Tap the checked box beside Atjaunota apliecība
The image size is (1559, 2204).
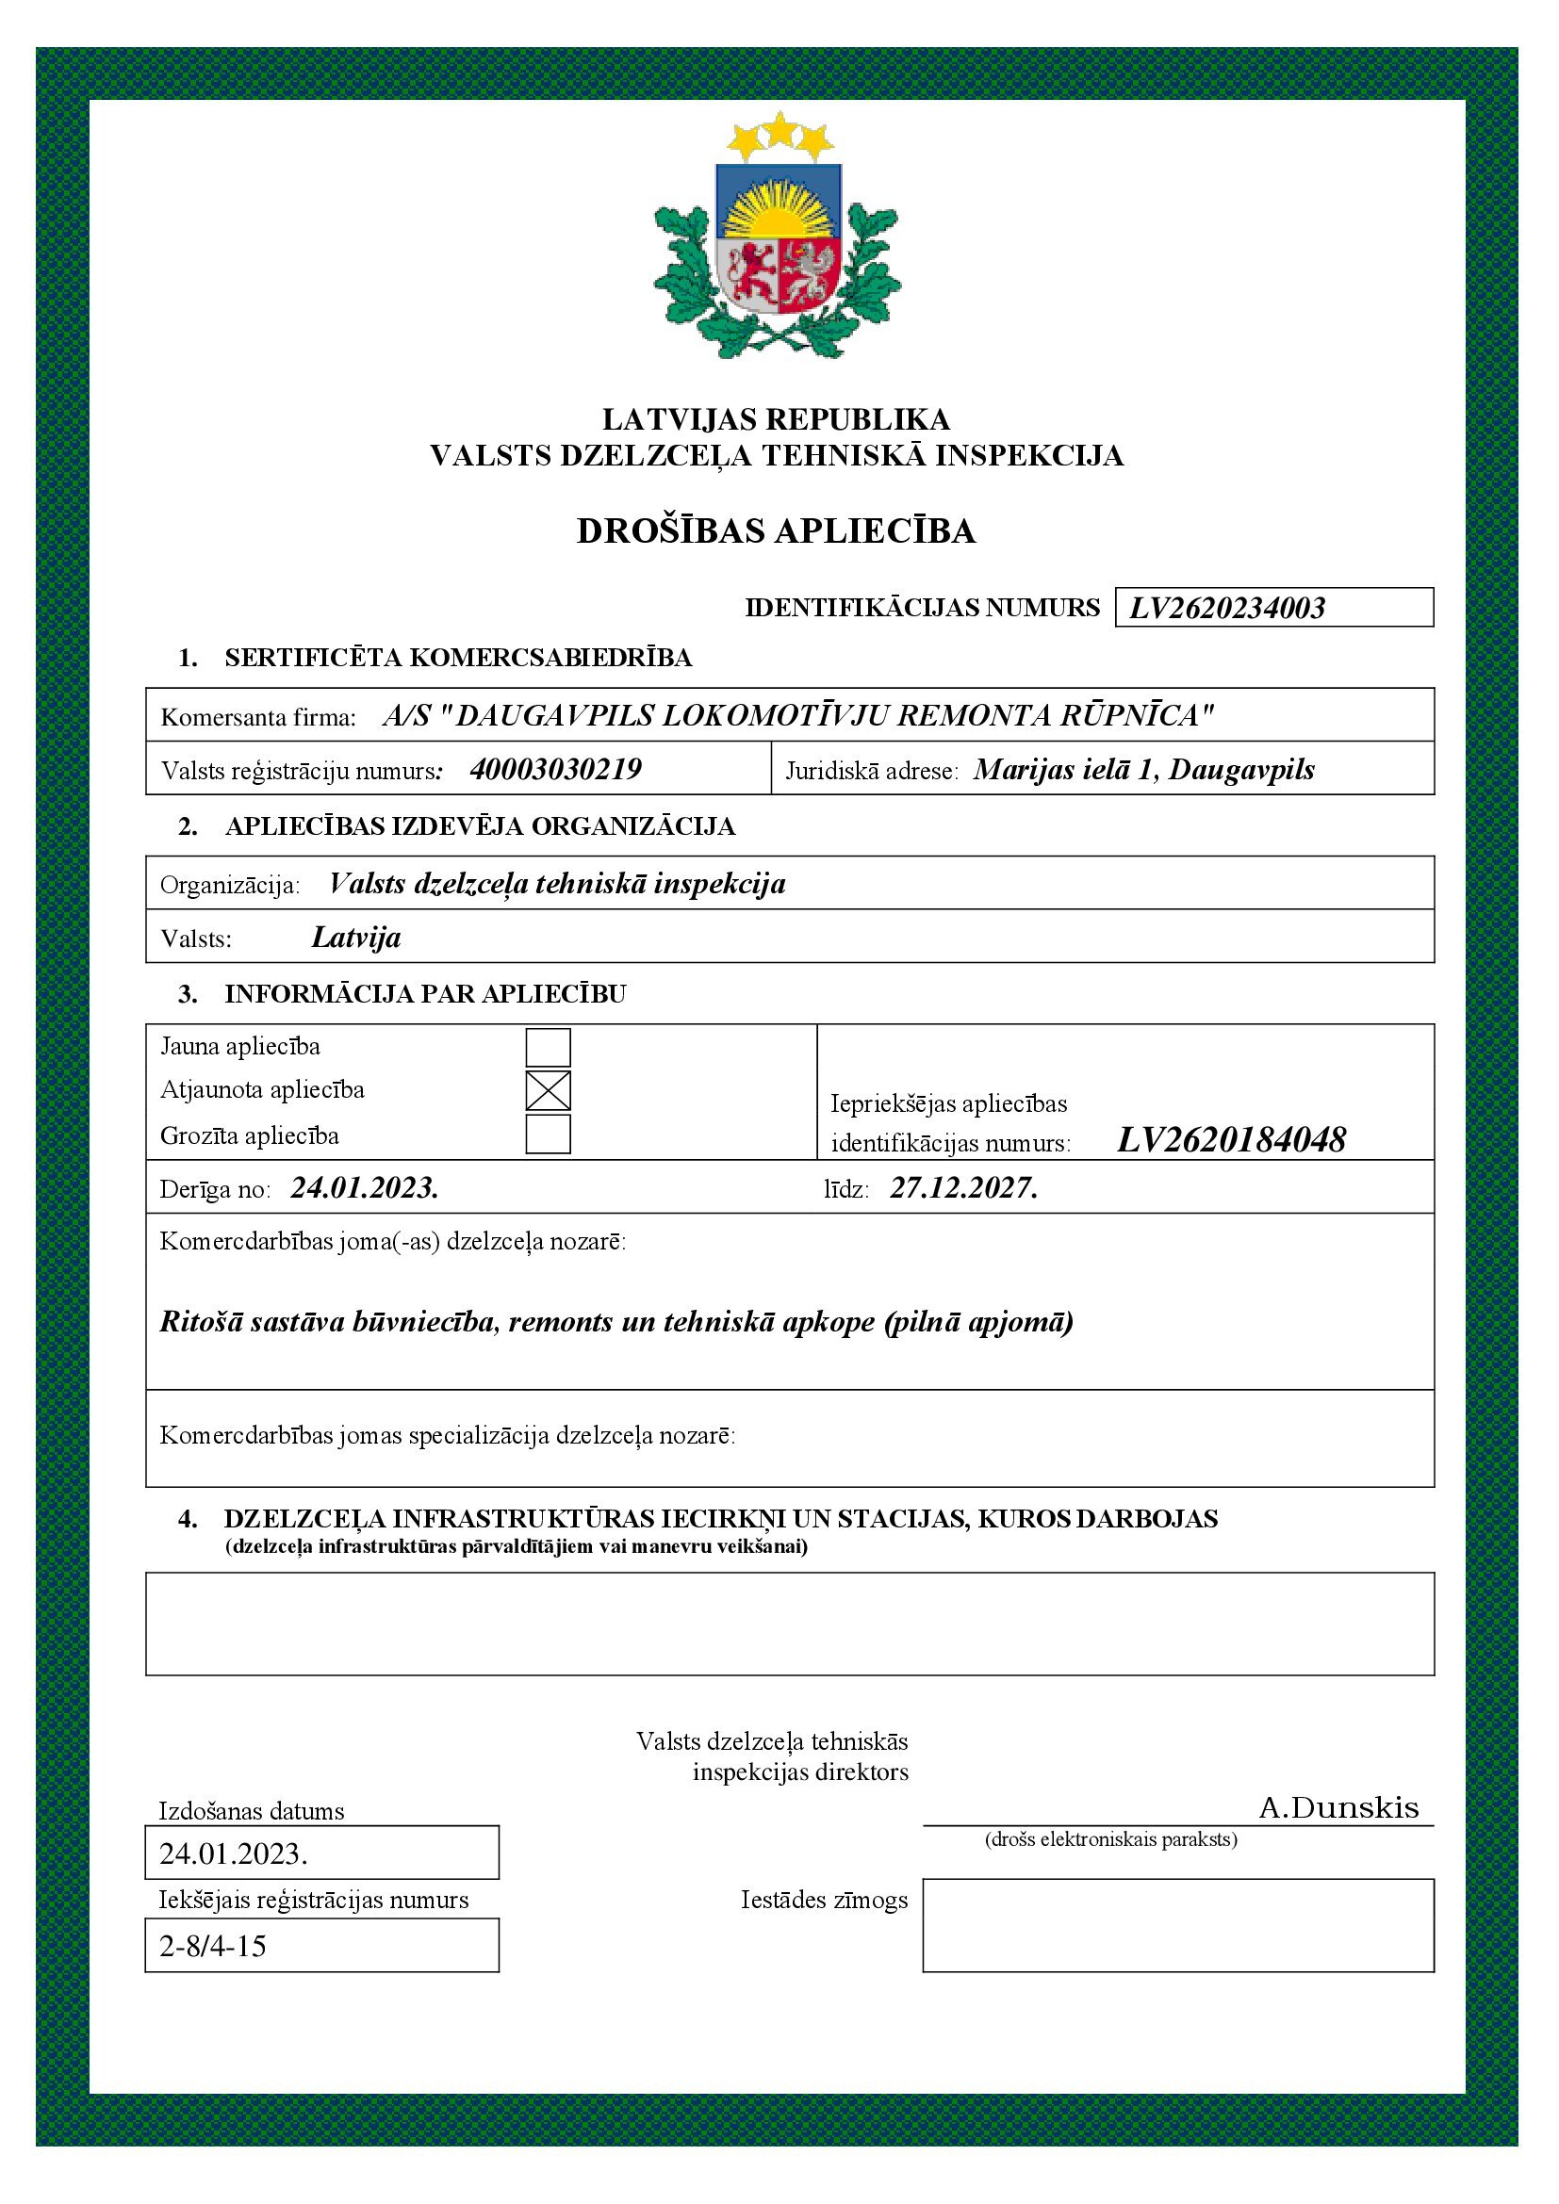coord(549,1090)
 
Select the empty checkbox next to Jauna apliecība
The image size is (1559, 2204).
coord(549,1047)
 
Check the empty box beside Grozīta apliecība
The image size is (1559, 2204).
coord(549,1135)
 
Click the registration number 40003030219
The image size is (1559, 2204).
coord(556,770)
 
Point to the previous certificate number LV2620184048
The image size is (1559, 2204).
coord(1232,1140)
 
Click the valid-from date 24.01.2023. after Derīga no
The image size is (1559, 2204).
coord(365,1188)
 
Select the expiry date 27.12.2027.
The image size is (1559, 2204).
coord(964,1188)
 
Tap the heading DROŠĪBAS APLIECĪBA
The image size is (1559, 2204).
coord(776,531)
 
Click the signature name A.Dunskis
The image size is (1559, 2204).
coord(1338,1808)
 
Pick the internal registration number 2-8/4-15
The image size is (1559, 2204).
coord(213,1947)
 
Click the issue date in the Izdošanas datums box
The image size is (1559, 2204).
coord(233,1853)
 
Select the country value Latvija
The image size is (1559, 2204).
coord(356,938)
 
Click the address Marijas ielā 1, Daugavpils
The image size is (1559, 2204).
coord(1143,770)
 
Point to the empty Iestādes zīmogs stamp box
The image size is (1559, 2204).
coord(1178,1927)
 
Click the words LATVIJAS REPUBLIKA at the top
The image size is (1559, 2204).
coord(776,419)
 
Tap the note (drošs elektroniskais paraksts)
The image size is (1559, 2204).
coord(1110,1840)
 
